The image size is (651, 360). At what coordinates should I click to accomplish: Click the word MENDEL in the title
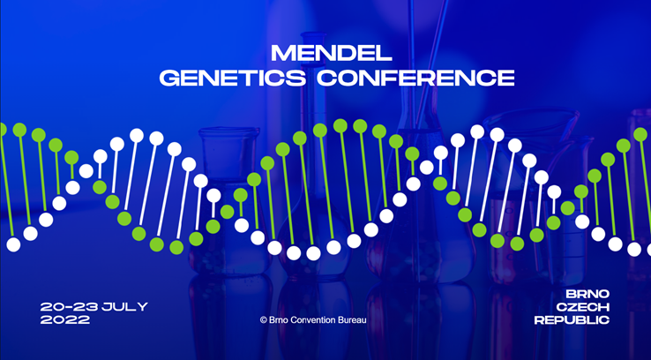pyautogui.click(x=325, y=52)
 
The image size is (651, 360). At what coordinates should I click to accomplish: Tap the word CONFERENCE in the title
pyautogui.click(x=415, y=78)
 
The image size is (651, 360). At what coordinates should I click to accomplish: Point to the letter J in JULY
pyautogui.click(x=107, y=306)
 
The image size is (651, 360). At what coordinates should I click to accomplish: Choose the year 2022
pyautogui.click(x=65, y=320)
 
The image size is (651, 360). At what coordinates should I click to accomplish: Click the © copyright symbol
pyautogui.click(x=263, y=320)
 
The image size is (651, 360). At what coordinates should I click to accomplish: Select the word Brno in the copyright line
pyautogui.click(x=281, y=320)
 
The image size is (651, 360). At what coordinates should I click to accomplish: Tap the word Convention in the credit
pyautogui.click(x=318, y=320)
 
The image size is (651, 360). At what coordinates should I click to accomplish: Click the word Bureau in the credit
pyautogui.click(x=365, y=320)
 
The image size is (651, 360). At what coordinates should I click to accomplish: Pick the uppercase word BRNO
pyautogui.click(x=587, y=293)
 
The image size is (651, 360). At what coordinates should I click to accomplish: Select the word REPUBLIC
pyautogui.click(x=572, y=320)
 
